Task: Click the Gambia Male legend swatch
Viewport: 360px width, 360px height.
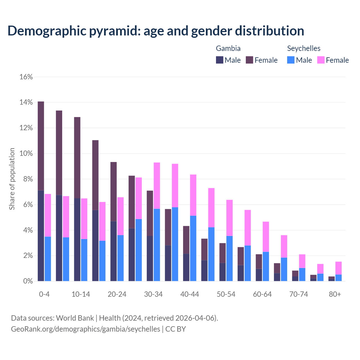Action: click(x=220, y=60)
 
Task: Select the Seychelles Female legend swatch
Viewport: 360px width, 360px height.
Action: click(x=321, y=60)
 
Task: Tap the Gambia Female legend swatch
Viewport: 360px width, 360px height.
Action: click(x=249, y=60)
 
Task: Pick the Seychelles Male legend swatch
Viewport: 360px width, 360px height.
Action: click(x=291, y=60)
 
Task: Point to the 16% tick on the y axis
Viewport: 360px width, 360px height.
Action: click(x=26, y=77)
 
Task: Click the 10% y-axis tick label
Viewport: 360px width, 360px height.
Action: click(x=26, y=154)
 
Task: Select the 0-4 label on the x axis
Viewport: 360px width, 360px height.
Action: click(x=44, y=294)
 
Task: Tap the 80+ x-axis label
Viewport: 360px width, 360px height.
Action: click(x=335, y=294)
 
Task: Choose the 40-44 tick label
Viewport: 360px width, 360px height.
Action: click(x=190, y=294)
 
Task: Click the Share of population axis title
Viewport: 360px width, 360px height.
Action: click(x=12, y=179)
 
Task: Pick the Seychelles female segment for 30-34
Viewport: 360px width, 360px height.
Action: click(x=157, y=186)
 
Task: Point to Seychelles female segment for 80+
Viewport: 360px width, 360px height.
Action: click(x=339, y=268)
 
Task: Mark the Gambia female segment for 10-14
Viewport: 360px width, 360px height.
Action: click(x=77, y=157)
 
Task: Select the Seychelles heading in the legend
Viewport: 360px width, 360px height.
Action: click(x=304, y=48)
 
